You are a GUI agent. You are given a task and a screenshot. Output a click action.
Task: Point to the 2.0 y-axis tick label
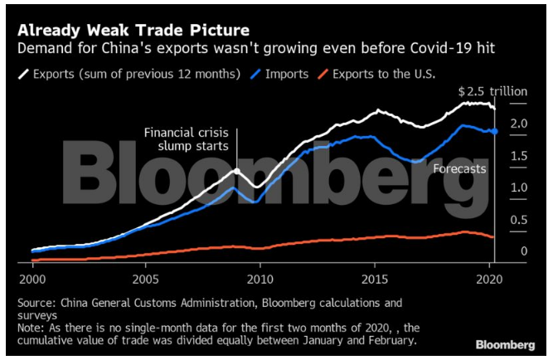pyautogui.click(x=519, y=124)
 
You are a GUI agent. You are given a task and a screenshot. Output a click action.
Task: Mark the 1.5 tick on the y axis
pyautogui.click(x=519, y=156)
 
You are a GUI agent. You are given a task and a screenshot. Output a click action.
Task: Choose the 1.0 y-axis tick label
pyautogui.click(x=519, y=187)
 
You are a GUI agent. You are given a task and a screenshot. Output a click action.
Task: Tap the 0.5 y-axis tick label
pyautogui.click(x=519, y=220)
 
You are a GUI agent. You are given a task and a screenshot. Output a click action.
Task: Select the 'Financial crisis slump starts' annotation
pyautogui.click(x=189, y=139)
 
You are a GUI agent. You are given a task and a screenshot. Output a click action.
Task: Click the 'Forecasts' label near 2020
pyautogui.click(x=460, y=168)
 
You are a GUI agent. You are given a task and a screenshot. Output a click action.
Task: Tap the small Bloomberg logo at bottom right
pyautogui.click(x=505, y=343)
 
